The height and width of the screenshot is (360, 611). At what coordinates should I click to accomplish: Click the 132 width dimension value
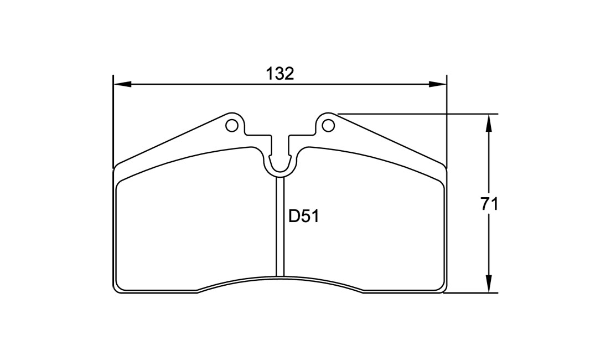(x=279, y=73)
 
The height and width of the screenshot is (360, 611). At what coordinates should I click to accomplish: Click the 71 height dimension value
(x=489, y=204)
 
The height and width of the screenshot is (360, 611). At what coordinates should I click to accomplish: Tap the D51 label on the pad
(x=303, y=216)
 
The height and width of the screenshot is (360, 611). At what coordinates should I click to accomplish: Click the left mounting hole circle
(x=231, y=126)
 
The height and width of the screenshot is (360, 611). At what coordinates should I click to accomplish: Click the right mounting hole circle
(x=329, y=126)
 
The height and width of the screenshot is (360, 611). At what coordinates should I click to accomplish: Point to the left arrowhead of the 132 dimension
(x=121, y=84)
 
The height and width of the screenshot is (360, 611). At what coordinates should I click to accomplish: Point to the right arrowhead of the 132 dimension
(x=438, y=84)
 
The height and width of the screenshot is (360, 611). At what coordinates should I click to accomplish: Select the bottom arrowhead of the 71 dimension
(x=488, y=284)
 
